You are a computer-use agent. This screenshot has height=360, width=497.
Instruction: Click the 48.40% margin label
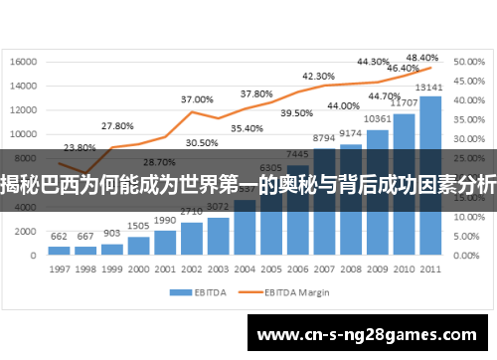tap(422, 58)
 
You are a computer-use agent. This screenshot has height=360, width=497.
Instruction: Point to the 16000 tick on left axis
tap(23, 62)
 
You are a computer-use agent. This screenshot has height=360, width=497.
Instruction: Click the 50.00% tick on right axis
tap(468, 62)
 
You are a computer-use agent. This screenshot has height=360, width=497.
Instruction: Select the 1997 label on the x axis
tap(59, 269)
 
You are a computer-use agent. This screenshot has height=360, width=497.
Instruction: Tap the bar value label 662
tap(59, 236)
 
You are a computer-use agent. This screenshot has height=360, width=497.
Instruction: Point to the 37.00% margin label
tap(196, 99)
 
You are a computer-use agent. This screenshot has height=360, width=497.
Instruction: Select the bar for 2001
tap(164, 243)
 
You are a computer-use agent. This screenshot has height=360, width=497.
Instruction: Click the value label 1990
tap(164, 220)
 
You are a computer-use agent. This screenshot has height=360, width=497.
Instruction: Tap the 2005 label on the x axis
tap(270, 269)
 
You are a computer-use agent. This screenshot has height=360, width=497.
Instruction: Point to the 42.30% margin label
tap(318, 76)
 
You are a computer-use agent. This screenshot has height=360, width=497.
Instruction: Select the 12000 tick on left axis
tap(23, 110)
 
